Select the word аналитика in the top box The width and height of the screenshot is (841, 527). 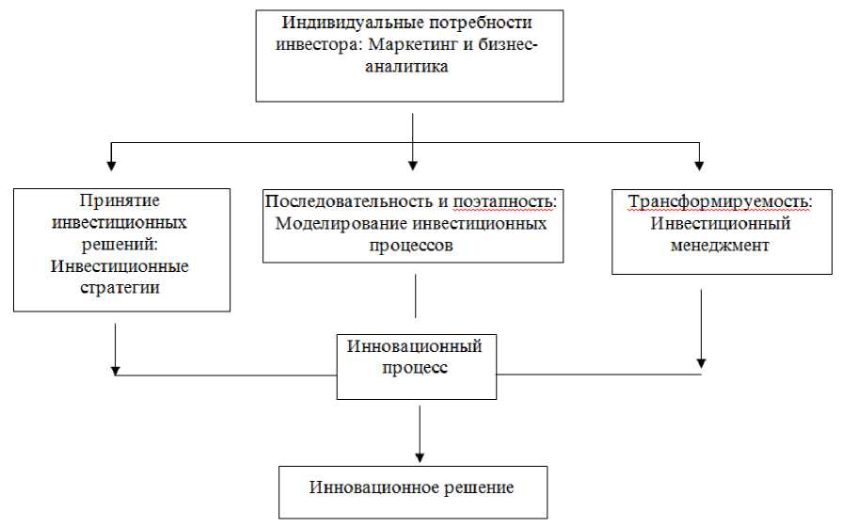pyautogui.click(x=410, y=67)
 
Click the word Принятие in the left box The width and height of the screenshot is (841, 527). pyautogui.click(x=123, y=201)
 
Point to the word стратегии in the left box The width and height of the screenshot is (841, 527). pyautogui.click(x=123, y=289)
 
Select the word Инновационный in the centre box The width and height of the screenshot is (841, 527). pyautogui.click(x=415, y=345)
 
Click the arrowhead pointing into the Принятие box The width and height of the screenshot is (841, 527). pyautogui.click(x=112, y=166)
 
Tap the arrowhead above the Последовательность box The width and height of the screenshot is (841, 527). pyautogui.click(x=413, y=166)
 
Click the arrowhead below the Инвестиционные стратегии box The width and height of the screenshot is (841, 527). pyautogui.click(x=115, y=367)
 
